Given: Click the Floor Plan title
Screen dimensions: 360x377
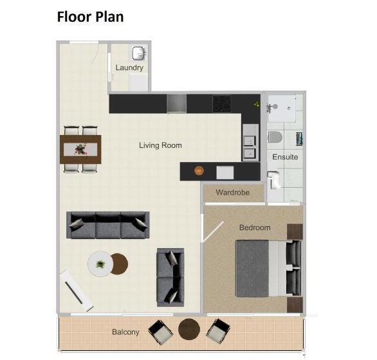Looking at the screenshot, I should click(90, 17).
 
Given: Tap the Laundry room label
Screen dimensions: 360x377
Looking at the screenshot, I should click(129, 67).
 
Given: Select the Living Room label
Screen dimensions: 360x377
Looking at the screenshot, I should click(160, 145).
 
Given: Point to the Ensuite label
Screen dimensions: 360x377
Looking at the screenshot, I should click(285, 157).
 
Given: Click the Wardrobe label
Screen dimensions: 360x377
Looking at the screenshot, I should click(233, 192).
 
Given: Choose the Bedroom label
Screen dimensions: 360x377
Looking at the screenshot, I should click(255, 228).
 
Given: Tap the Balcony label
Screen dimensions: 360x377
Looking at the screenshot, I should click(125, 332).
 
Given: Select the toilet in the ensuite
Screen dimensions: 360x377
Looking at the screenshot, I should click(275, 138).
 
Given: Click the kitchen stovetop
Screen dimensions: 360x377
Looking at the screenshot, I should click(222, 103).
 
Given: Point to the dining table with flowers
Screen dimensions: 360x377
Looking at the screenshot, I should click(81, 149).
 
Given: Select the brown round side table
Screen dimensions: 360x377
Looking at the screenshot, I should click(118, 263).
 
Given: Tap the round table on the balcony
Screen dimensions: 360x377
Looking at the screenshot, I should click(189, 330).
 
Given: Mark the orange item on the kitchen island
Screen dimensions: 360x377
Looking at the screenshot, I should click(199, 171).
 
